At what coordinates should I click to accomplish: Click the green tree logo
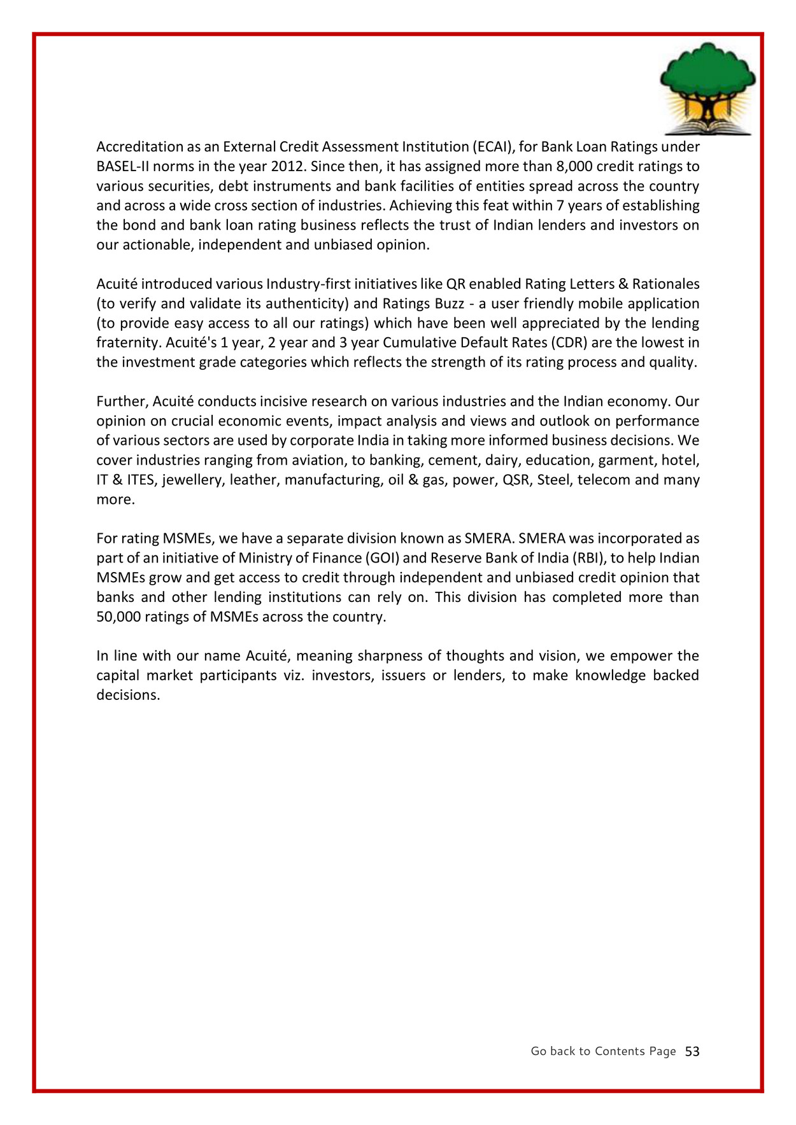[707, 88]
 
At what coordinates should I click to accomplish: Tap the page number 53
[692, 1051]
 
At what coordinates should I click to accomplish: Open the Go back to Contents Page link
[603, 1051]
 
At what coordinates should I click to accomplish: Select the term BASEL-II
[124, 167]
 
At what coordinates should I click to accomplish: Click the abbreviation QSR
[516, 480]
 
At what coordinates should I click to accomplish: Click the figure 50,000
[118, 617]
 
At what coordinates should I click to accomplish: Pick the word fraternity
[129, 343]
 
